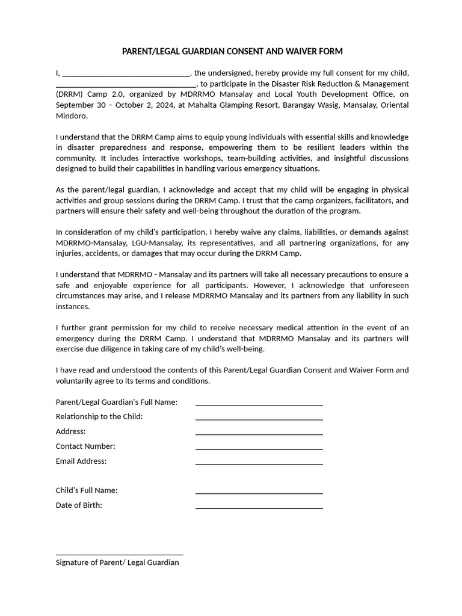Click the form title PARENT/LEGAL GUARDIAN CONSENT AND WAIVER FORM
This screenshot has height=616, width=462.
point(232,52)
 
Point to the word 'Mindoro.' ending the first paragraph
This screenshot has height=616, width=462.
point(72,115)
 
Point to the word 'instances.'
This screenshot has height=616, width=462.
point(73,307)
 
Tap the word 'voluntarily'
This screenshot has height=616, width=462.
point(75,381)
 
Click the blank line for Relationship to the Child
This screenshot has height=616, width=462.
point(259,419)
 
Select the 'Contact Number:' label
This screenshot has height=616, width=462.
point(85,446)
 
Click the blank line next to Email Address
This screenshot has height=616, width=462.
point(259,464)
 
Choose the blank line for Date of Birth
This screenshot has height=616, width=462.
point(259,508)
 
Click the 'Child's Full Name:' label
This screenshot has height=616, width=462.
point(87,490)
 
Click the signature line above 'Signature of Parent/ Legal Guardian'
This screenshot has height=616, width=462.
point(119,555)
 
